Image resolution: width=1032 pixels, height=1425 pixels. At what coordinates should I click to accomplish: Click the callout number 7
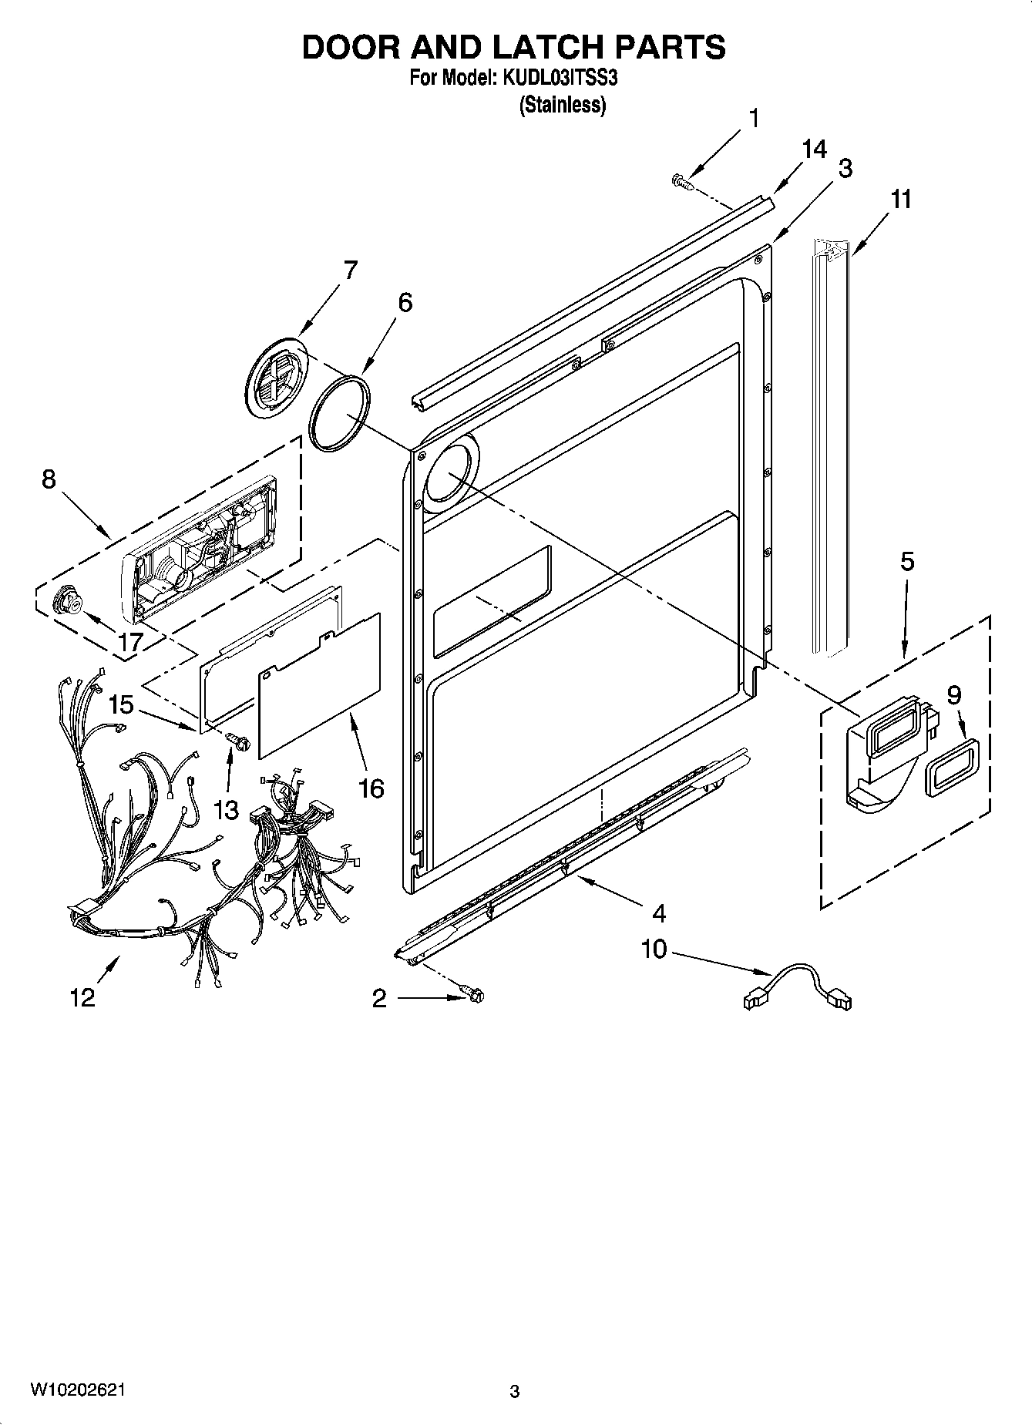[x=350, y=270]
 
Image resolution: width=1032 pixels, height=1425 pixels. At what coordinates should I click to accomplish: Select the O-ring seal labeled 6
[x=339, y=412]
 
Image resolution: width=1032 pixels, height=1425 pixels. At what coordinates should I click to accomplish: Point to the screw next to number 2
[x=473, y=996]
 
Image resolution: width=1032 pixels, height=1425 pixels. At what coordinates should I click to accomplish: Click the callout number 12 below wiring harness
[x=82, y=997]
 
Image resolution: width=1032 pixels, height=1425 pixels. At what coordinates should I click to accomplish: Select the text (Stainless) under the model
[x=562, y=105]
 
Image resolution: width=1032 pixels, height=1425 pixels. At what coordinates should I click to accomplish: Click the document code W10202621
[x=77, y=1389]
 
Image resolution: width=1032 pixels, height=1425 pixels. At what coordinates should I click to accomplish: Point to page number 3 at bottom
[x=515, y=1391]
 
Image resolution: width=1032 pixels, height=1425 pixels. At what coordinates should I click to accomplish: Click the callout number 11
[x=900, y=199]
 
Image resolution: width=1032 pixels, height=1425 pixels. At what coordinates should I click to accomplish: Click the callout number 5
[x=907, y=561]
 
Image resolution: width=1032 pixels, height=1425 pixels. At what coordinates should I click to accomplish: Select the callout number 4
[x=658, y=913]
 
